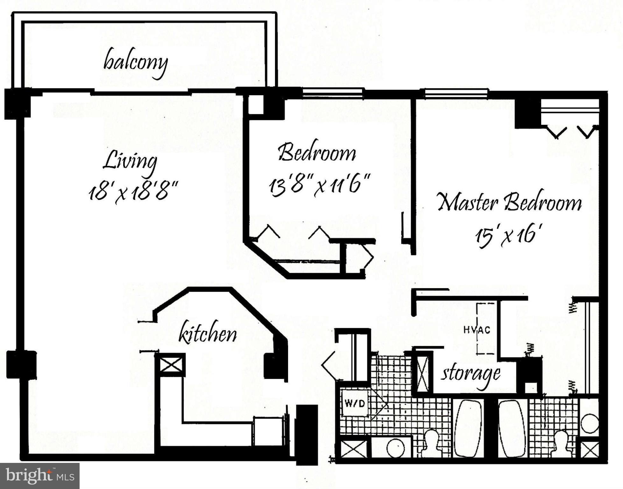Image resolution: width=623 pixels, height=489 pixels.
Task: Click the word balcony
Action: point(135,63)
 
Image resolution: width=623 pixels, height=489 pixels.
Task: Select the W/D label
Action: point(355,404)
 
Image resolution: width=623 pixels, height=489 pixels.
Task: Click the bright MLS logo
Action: point(39,476)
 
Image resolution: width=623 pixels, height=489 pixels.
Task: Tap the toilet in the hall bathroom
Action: point(432,443)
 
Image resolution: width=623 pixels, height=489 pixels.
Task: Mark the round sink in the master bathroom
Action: point(590,423)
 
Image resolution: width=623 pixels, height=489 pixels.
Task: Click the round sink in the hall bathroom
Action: point(395,447)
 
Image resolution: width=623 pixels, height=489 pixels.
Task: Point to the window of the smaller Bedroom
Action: point(332,93)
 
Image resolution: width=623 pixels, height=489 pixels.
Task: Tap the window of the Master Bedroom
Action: point(456,93)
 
